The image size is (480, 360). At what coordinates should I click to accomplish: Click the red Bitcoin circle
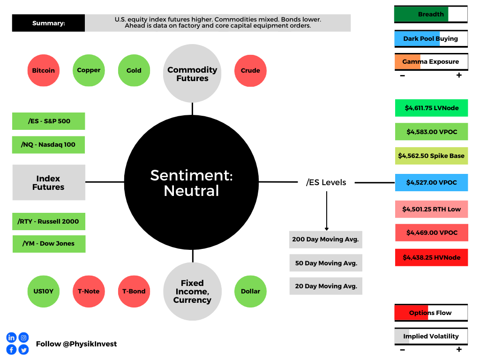coord(44,70)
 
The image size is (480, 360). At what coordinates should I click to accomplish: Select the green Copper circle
coord(89,70)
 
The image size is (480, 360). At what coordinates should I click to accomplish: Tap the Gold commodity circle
coord(134,70)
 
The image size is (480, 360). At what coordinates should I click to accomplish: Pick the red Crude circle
coord(250,71)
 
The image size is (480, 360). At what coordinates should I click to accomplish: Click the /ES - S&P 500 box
coord(49,121)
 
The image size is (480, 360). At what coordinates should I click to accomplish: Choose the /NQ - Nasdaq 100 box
coord(48,145)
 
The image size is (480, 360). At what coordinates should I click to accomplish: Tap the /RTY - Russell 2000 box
coord(49,221)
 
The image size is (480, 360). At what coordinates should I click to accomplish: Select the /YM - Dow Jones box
coord(49,244)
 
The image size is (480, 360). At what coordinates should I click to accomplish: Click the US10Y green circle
coord(44,292)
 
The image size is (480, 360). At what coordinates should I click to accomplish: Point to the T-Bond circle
coord(134,292)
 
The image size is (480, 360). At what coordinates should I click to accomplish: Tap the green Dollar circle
coord(250,292)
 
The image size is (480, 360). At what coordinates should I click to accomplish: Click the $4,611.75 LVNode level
coord(432,108)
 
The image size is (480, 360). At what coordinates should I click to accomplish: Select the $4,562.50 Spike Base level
coord(432,156)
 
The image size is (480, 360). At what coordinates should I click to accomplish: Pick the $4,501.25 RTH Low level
coord(432,209)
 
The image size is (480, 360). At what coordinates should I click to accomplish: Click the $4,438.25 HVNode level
coord(432,257)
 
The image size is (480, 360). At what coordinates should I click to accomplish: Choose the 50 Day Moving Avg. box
coord(326,263)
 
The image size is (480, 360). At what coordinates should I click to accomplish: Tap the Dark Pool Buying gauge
coord(431,38)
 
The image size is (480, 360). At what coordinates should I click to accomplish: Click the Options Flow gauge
coord(431,313)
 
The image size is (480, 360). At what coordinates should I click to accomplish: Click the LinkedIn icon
coord(11,337)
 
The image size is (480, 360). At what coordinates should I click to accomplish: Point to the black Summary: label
coord(48,23)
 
